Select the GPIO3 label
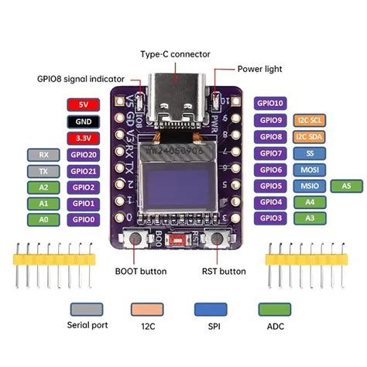point(271,219)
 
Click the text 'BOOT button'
point(140,271)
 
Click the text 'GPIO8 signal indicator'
point(81,78)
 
